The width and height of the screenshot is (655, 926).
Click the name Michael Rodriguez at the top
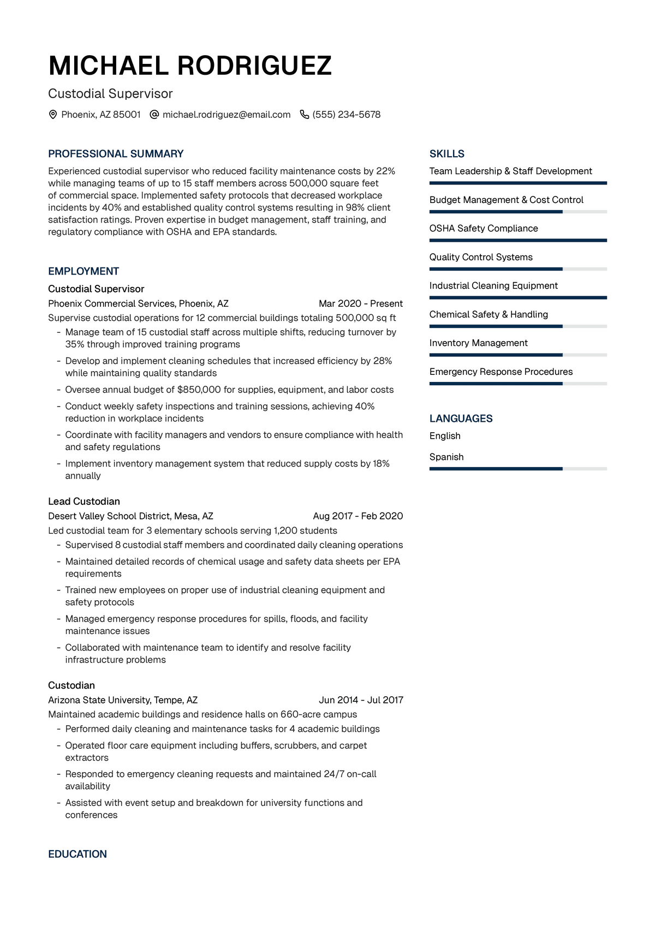coord(190,66)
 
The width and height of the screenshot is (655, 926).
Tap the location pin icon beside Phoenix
coord(53,115)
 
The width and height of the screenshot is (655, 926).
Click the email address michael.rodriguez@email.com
coord(227,115)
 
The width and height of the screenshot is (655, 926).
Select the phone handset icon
coord(305,115)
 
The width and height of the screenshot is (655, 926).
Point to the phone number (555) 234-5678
coord(347,115)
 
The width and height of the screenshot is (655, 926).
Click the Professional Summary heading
coord(116,154)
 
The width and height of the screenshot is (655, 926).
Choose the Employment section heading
coord(84,271)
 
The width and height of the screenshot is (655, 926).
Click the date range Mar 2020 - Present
coord(361,303)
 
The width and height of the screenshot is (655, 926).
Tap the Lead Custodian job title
coord(84,501)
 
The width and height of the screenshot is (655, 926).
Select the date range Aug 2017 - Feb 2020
coord(358,516)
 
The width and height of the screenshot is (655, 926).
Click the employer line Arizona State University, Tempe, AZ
coord(123,700)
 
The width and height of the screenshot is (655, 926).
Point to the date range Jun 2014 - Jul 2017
coord(361,700)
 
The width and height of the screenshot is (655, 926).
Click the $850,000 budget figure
coord(199,390)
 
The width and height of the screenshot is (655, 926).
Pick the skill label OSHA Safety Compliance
coord(484,229)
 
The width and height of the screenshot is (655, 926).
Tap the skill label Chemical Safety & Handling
coord(489,314)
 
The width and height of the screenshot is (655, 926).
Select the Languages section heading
coord(461,419)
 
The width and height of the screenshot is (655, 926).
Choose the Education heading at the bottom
coord(78,854)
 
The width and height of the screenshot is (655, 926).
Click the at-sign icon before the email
coord(154,115)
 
